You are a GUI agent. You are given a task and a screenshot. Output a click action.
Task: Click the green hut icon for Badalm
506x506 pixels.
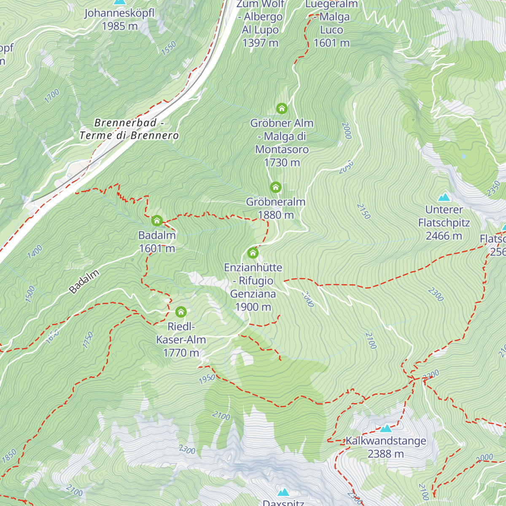[x=157, y=221]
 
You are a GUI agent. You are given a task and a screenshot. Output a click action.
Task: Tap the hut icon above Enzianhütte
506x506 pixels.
[x=253, y=253]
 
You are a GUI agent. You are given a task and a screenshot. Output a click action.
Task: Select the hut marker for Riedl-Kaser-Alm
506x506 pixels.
[x=181, y=312]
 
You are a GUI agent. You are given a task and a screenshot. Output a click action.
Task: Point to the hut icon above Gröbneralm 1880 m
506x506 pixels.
[x=276, y=187]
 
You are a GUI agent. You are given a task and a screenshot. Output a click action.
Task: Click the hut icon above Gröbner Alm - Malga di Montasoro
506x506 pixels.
[x=282, y=109]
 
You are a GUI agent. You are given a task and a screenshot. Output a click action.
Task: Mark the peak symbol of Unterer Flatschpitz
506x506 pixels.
[x=444, y=197]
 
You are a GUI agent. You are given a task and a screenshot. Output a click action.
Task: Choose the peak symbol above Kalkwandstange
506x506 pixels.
[x=385, y=429]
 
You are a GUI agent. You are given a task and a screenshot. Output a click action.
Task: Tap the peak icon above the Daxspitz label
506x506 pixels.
[x=283, y=492]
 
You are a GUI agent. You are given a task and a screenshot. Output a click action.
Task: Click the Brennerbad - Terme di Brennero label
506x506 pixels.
[x=129, y=129]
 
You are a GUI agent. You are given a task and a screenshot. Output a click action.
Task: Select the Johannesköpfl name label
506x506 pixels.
[x=120, y=13]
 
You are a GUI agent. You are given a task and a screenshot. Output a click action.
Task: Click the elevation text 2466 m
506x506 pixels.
[x=444, y=236]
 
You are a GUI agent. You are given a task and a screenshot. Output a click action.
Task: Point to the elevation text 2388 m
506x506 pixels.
[x=385, y=454]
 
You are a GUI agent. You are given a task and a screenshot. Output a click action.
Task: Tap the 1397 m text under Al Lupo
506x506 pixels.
[x=260, y=43]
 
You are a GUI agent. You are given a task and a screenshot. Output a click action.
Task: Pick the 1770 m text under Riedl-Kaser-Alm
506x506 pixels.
[x=181, y=353]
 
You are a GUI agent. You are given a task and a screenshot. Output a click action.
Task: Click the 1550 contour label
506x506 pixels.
[x=169, y=48]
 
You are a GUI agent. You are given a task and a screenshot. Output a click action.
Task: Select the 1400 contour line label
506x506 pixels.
[x=35, y=252]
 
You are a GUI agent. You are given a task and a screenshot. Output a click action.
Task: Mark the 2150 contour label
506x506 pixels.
[x=363, y=211]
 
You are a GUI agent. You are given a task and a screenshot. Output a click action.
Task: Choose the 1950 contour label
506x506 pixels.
[x=207, y=379]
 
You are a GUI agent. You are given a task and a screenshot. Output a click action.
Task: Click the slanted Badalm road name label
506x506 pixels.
[x=84, y=281]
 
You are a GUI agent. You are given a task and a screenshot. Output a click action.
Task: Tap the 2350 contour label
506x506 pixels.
[x=493, y=188]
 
